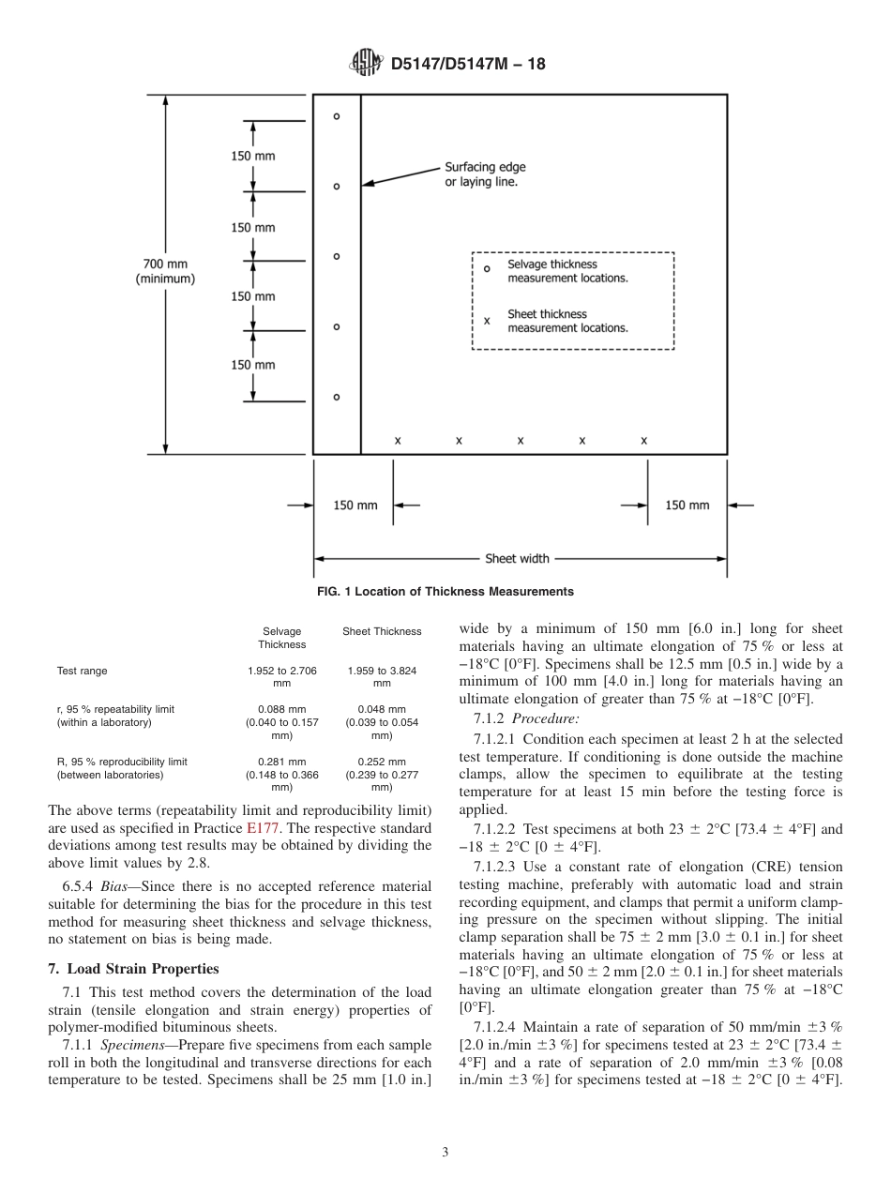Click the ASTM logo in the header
pyautogui.click(x=366, y=64)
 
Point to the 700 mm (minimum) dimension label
pyautogui.click(x=165, y=272)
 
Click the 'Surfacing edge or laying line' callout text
pyautogui.click(x=485, y=174)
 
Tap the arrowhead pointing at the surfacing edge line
pyautogui.click(x=368, y=184)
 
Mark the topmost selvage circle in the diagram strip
pyautogui.click(x=337, y=116)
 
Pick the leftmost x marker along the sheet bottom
pyautogui.click(x=398, y=440)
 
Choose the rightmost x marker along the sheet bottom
pyautogui.click(x=644, y=440)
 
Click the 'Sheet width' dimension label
pyautogui.click(x=517, y=559)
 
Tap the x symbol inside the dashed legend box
pyautogui.click(x=487, y=321)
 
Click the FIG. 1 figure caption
pyautogui.click(x=445, y=592)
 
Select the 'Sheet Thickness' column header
pyautogui.click(x=382, y=632)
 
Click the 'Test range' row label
pyautogui.click(x=83, y=671)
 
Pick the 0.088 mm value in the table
pyautogui.click(x=281, y=709)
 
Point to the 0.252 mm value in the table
pyautogui.click(x=382, y=762)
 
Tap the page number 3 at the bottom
pyautogui.click(x=445, y=1153)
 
